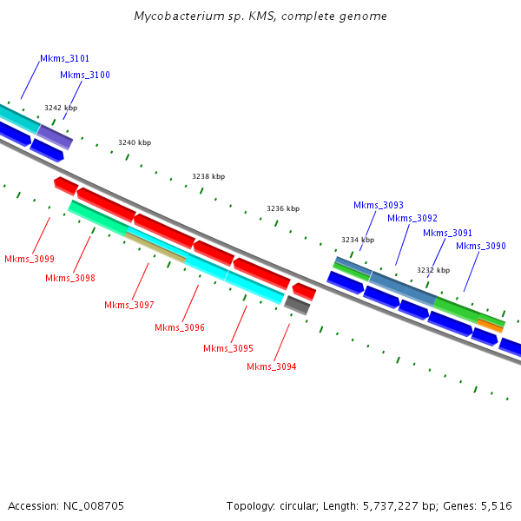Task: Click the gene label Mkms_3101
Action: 64,58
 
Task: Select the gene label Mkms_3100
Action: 85,75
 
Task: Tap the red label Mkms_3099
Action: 30,259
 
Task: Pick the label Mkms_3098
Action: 70,278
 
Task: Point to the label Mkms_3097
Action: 129,305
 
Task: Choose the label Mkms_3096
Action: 180,327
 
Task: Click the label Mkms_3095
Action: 228,348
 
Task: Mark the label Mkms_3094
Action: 272,366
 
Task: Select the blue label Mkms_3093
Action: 379,205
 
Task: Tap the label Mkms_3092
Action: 412,218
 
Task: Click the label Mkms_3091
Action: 448,233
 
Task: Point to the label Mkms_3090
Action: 481,246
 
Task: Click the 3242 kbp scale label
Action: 61,108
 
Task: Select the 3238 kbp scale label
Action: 208,176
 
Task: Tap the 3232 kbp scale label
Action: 433,270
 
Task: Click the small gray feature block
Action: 297,305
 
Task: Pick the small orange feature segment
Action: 490,326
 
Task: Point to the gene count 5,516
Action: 494,505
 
